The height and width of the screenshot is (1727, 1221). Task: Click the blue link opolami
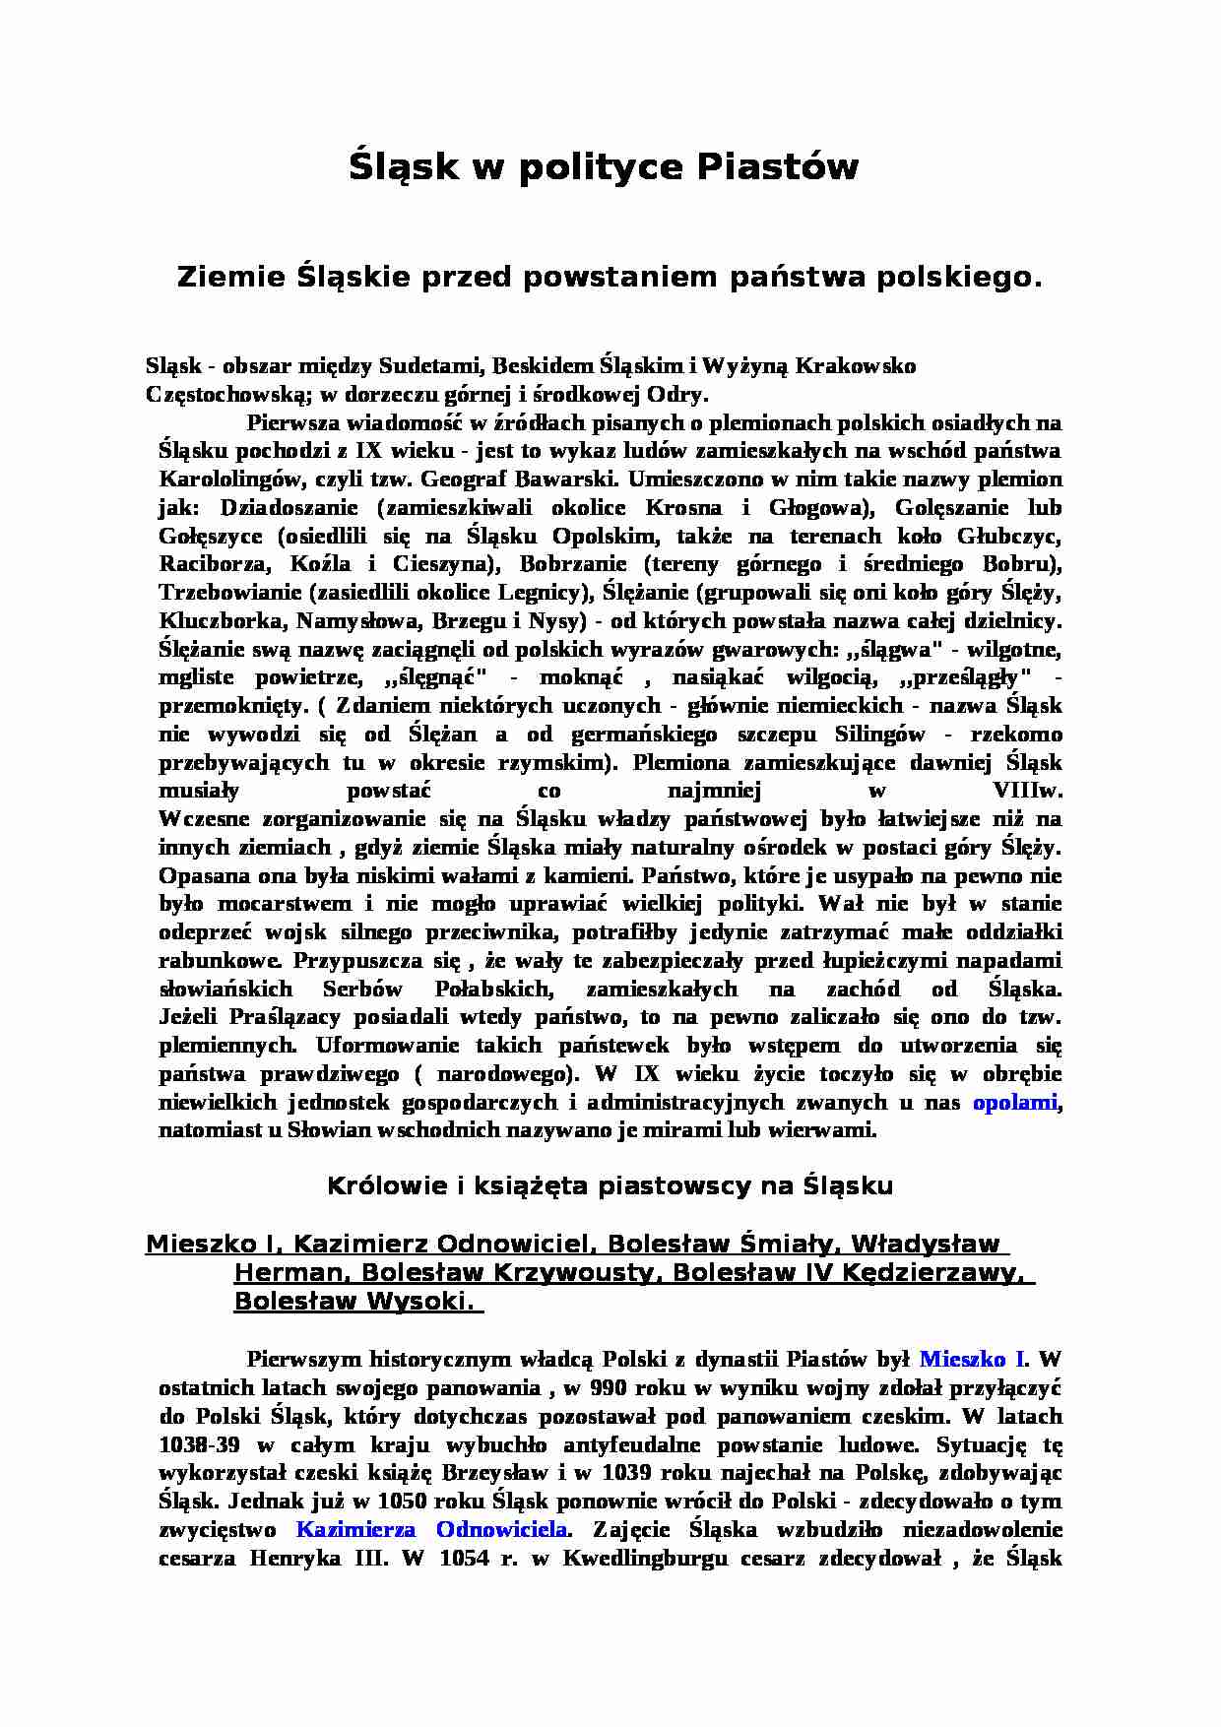click(x=1014, y=1102)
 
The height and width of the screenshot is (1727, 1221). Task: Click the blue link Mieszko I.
click(x=972, y=1360)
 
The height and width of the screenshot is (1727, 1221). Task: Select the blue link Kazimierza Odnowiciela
click(x=431, y=1529)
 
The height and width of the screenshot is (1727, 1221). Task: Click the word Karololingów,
click(x=227, y=480)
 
